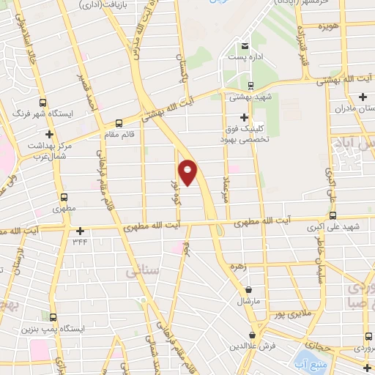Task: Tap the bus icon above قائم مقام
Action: [x=119, y=123]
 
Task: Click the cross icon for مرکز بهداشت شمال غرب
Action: [x=49, y=134]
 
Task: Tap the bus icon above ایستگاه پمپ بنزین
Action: [x=53, y=317]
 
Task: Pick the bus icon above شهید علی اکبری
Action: [x=333, y=216]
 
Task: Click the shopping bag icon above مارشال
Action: [x=250, y=290]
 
